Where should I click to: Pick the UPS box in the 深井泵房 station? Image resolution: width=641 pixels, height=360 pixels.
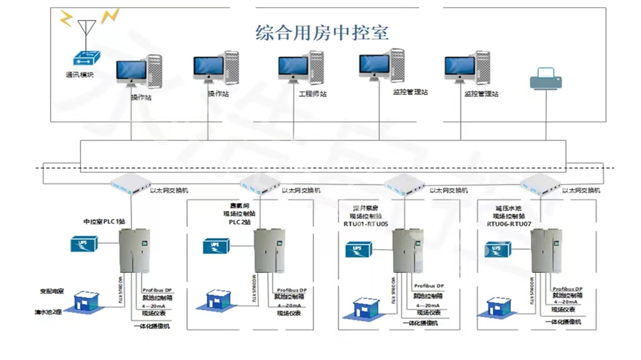pyautogui.click(x=360, y=249)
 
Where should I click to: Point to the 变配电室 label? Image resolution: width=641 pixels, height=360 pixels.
pyautogui.click(x=53, y=291)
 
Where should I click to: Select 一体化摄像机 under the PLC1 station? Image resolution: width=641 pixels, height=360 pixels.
pyautogui.click(x=152, y=326)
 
